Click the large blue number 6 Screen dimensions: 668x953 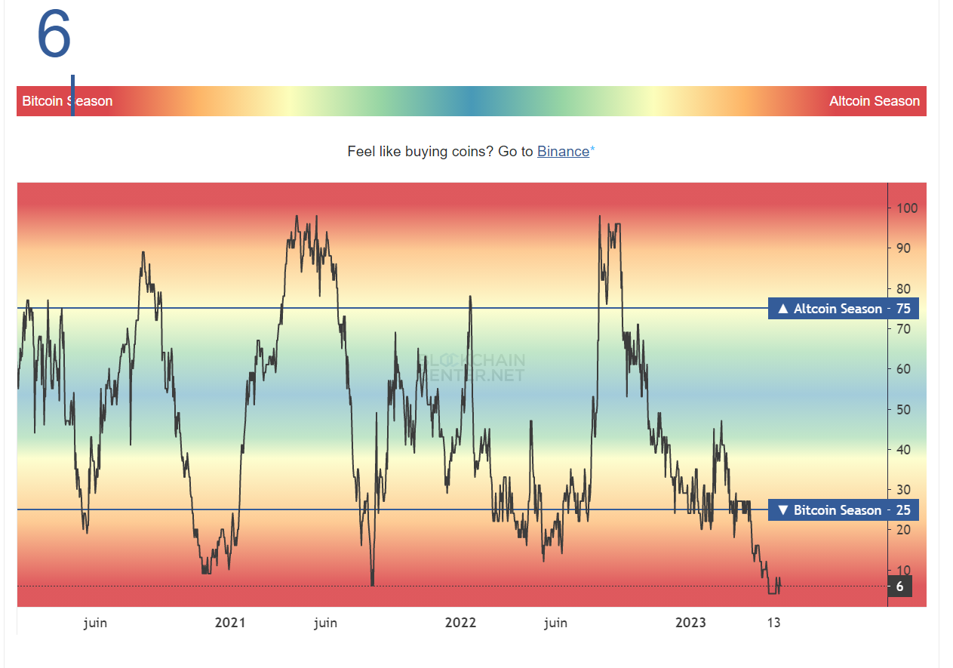coord(54,35)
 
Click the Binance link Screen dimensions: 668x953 coord(563,152)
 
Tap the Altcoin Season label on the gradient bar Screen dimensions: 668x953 coord(874,101)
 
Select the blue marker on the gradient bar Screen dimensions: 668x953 coord(72,96)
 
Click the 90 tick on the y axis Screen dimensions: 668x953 coord(903,248)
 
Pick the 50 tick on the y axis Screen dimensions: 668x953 coord(903,410)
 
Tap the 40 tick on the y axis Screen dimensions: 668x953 coord(903,450)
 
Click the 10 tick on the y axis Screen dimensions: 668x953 coord(903,571)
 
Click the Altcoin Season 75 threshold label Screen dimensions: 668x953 coord(843,309)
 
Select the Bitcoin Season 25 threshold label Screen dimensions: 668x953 coord(843,510)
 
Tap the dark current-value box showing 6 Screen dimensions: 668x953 coord(899,586)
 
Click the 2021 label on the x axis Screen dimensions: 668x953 coord(230,623)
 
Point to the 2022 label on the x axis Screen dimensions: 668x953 coord(460,623)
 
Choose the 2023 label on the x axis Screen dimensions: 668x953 coord(690,623)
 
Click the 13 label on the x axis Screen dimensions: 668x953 coord(773,623)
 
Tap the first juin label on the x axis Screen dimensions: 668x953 coord(95,623)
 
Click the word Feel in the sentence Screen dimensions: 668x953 coord(360,152)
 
